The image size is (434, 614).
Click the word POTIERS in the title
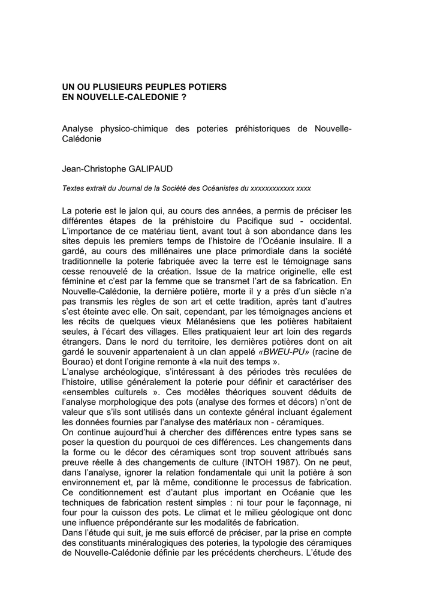click(204, 87)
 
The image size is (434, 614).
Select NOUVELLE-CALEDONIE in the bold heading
click(122, 97)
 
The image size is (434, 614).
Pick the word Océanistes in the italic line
click(215, 188)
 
